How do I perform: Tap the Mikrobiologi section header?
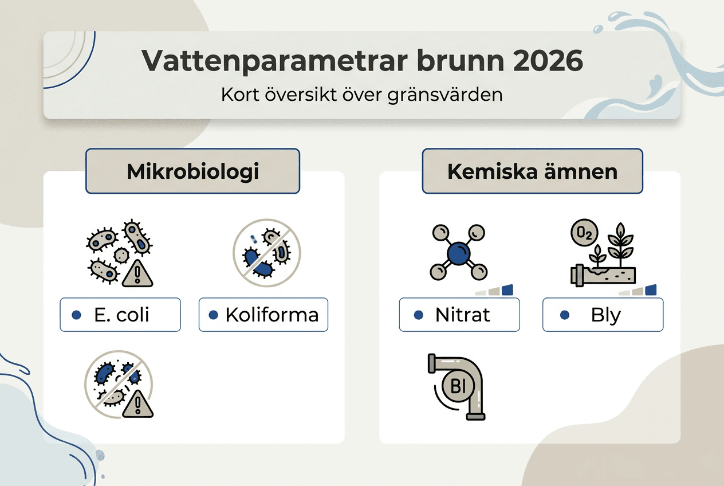tap(192, 171)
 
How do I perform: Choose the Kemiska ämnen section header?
tap(532, 171)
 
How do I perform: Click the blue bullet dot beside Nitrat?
tap(418, 315)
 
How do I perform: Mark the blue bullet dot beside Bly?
tap(565, 315)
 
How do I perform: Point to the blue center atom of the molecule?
tap(458, 253)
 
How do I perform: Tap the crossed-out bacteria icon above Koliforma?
tap(266, 252)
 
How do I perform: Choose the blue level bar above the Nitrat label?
tap(507, 290)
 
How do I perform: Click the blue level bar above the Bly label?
tap(651, 290)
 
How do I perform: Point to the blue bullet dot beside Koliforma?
tap(214, 315)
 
